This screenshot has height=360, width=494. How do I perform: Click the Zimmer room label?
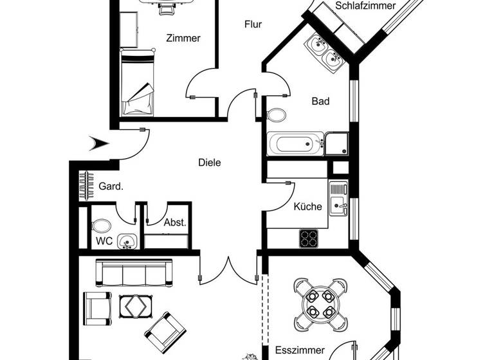click(183, 38)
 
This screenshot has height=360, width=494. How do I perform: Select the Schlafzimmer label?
click(365, 6)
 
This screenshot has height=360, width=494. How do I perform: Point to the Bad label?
click(320, 101)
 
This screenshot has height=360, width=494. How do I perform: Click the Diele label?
click(209, 163)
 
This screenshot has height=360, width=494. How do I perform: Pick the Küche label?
click(307, 207)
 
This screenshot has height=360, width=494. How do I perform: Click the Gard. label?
click(111, 187)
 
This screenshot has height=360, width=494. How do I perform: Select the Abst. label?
click(175, 223)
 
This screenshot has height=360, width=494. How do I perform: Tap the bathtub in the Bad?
click(295, 143)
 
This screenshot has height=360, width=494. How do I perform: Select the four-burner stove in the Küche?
click(309, 238)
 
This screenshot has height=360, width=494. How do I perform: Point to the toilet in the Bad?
click(277, 116)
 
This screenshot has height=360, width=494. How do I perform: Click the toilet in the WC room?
click(102, 226)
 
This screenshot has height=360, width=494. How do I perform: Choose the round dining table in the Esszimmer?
click(320, 303)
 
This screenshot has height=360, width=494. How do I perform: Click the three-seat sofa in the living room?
click(134, 273)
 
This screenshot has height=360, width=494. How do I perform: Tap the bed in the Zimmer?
click(138, 84)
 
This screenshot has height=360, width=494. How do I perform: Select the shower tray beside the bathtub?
click(336, 143)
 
